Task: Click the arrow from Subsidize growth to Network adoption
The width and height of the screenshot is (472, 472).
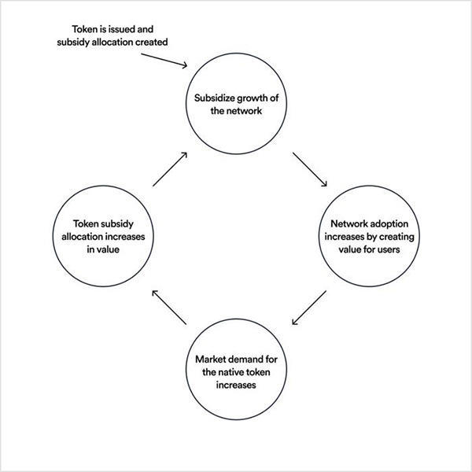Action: pos(312,169)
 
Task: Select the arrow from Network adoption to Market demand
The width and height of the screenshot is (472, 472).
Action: pos(308,308)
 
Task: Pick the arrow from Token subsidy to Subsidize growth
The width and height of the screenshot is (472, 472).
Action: pos(171,168)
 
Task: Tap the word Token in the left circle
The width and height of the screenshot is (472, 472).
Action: pos(87,223)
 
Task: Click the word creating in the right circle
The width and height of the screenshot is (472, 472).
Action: pos(388,236)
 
